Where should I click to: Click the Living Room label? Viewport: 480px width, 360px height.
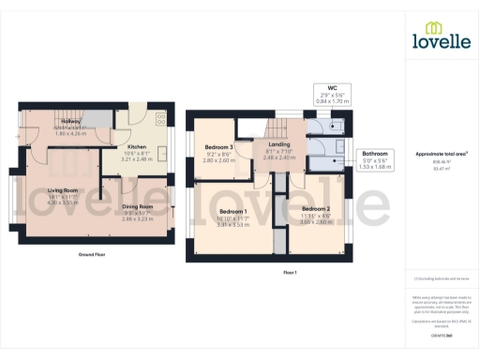[61, 189]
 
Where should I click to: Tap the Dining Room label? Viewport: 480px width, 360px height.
[137, 206]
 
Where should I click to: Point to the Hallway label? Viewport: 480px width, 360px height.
[71, 122]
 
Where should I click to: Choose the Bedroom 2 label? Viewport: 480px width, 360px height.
[315, 209]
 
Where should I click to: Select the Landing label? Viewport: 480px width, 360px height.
[277, 145]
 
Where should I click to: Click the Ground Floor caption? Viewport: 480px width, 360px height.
[91, 254]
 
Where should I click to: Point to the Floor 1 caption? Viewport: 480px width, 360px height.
[289, 272]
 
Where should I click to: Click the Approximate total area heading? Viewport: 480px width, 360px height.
[442, 154]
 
